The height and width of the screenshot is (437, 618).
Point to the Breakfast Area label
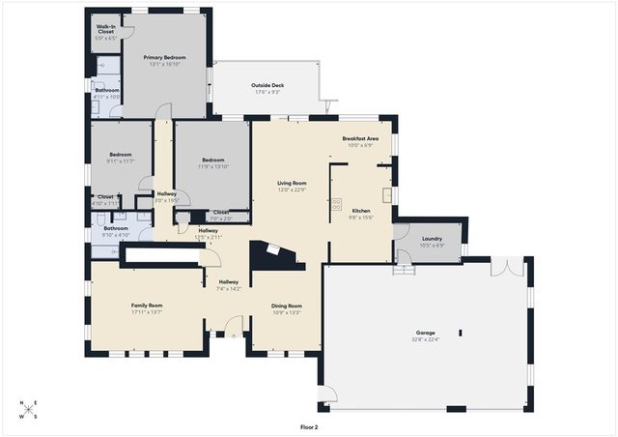360,138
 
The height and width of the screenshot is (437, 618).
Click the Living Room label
292,183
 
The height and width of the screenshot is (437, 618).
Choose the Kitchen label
361,210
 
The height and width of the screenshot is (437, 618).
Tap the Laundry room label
432,238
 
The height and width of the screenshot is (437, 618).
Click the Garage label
425,333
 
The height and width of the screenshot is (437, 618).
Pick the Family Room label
147,306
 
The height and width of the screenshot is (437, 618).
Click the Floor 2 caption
309,426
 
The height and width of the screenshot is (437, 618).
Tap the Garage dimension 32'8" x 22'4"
425,339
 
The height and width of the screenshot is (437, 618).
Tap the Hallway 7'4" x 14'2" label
228,281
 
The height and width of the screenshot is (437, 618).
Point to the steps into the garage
404,266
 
